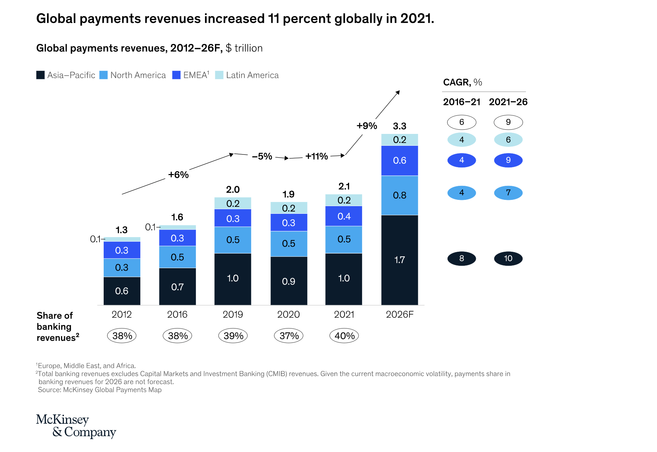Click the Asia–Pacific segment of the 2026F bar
tap(399, 260)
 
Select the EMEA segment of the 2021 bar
tap(344, 216)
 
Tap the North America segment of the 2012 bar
tap(122, 268)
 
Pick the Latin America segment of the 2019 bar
tap(232, 203)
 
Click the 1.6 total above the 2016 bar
tap(177, 217)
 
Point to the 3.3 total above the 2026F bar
tap(399, 126)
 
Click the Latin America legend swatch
tap(219, 75)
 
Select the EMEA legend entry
tap(191, 75)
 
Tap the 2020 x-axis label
tap(288, 315)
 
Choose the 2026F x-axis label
tap(399, 315)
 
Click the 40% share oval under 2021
tap(344, 336)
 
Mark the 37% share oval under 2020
tap(289, 336)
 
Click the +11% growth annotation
tap(317, 156)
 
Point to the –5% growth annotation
tap(262, 156)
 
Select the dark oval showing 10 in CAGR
tap(508, 258)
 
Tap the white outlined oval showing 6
tap(462, 122)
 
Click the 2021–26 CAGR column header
tap(508, 102)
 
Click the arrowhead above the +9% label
tap(398, 92)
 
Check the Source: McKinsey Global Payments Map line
tap(99, 390)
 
